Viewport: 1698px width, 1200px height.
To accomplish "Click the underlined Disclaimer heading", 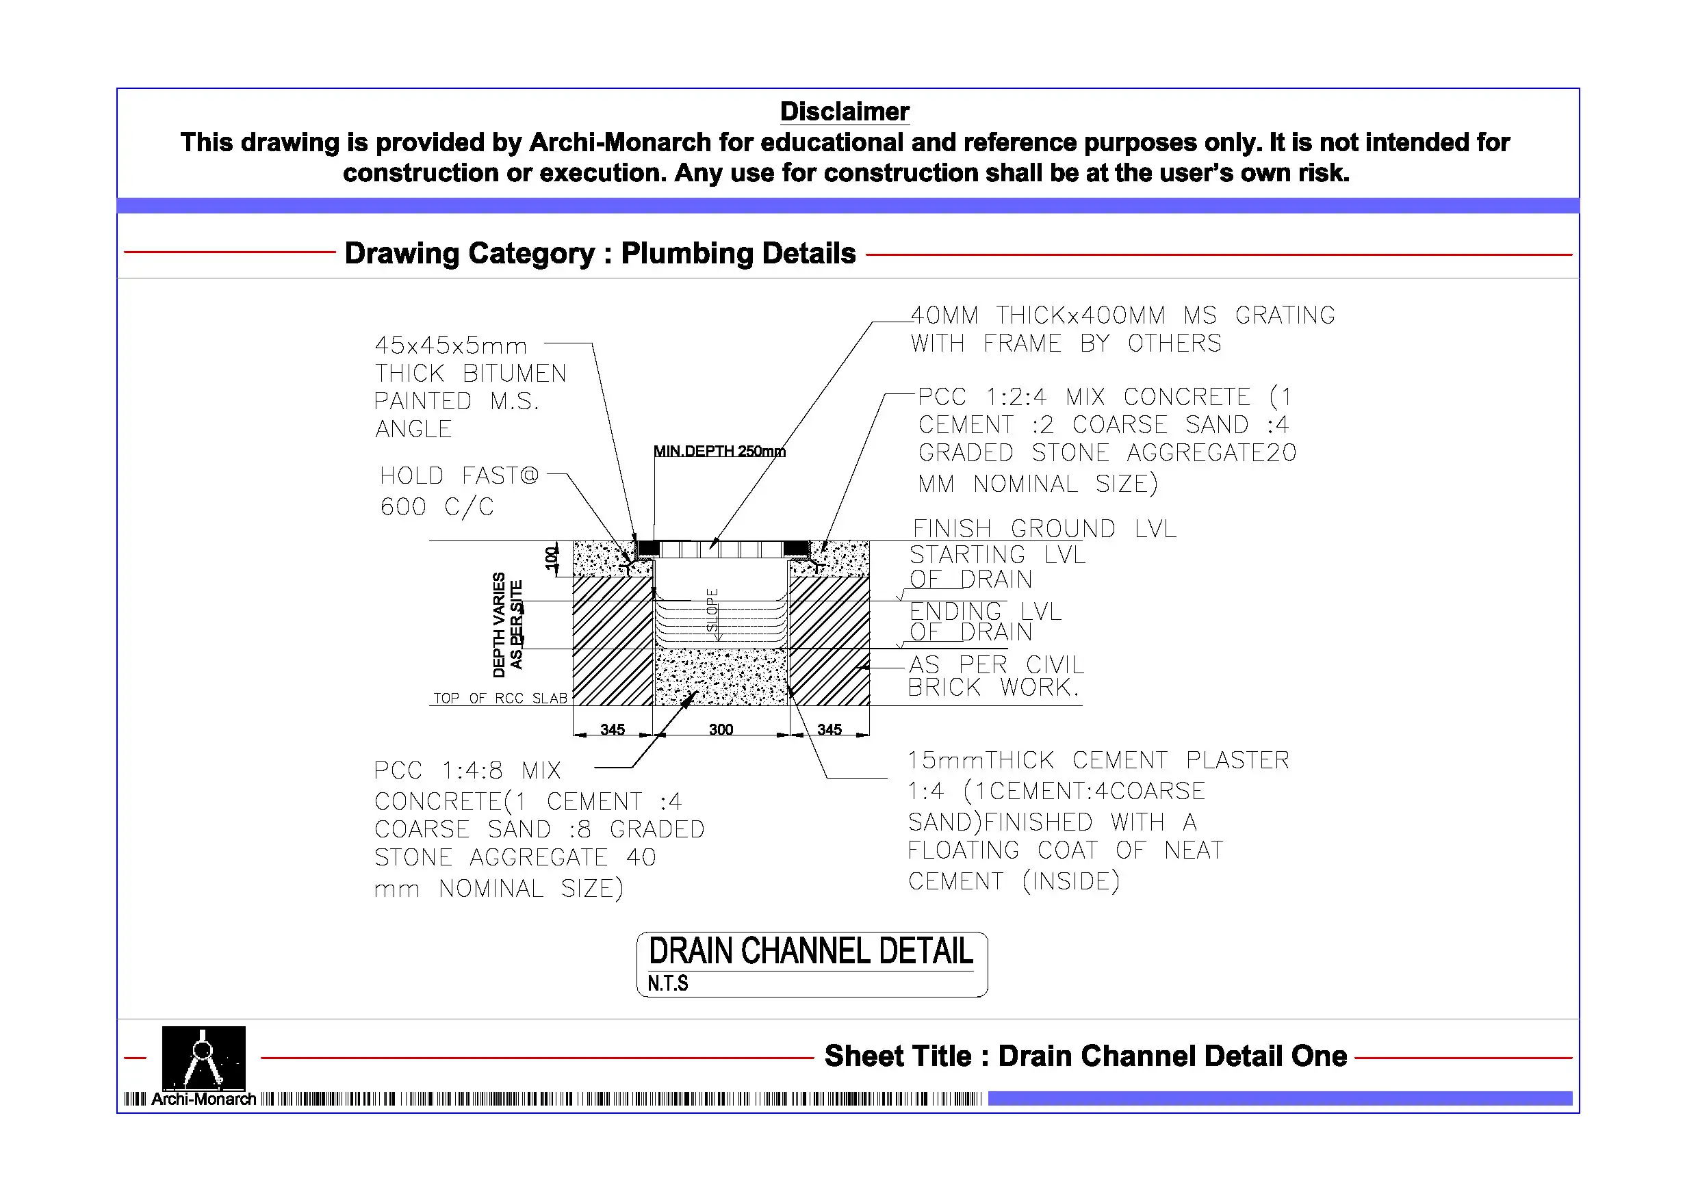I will tap(844, 112).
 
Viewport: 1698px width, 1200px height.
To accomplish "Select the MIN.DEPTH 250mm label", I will tap(719, 451).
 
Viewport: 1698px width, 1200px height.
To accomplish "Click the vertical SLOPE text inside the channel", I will tap(712, 610).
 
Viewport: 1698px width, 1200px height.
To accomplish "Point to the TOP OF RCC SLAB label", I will tap(500, 698).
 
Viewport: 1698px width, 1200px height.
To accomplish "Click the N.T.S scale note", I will tap(667, 983).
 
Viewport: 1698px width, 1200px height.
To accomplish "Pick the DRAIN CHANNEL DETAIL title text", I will tap(810, 952).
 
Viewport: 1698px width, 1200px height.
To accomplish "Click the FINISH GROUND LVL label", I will tap(1044, 529).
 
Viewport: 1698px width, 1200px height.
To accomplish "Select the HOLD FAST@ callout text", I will tap(459, 475).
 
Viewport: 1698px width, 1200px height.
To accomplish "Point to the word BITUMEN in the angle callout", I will tap(514, 374).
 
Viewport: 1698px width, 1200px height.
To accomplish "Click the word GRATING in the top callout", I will tap(1285, 315).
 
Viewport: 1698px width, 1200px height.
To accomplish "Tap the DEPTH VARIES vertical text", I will tap(499, 625).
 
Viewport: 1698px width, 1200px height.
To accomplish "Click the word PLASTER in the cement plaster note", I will tap(1237, 760).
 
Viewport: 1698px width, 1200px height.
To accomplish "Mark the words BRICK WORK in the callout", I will tap(992, 688).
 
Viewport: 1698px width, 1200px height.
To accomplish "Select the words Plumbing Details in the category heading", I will tap(737, 254).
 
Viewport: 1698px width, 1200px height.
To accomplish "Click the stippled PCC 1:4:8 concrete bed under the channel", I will tap(721, 677).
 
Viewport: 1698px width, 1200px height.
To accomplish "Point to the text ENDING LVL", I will tap(985, 612).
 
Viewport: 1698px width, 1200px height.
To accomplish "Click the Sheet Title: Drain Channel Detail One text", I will tap(1085, 1056).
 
